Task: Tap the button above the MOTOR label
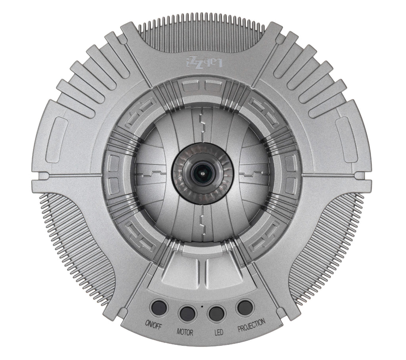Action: click(187, 314)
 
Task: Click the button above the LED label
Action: click(216, 313)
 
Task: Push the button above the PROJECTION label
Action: click(245, 307)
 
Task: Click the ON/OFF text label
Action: click(153, 324)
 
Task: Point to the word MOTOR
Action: click(185, 332)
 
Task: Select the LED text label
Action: click(218, 332)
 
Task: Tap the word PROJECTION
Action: click(251, 325)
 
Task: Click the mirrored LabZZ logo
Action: click(204, 63)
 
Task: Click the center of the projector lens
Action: click(203, 173)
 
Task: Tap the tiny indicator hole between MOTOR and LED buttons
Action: click(202, 306)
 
